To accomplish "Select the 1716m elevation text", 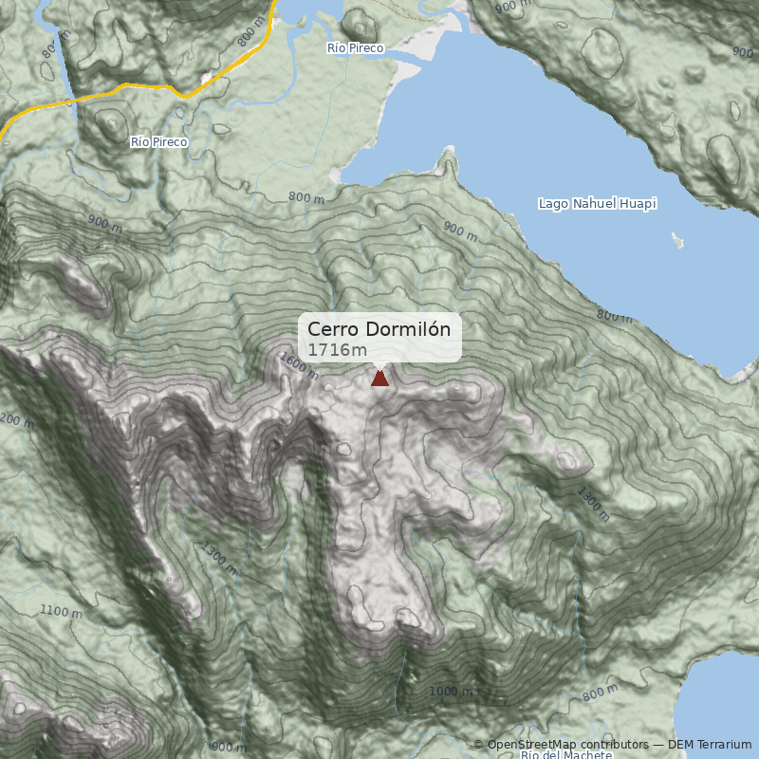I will tap(337, 350).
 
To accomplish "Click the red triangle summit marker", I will tap(379, 379).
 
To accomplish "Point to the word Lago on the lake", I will tap(553, 204).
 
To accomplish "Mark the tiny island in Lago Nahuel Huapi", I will tap(677, 239).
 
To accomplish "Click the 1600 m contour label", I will tap(299, 366).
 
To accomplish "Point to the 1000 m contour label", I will tap(450, 692).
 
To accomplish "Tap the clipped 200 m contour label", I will tap(11, 419).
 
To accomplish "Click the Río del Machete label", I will tap(565, 754).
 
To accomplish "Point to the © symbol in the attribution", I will tap(478, 745).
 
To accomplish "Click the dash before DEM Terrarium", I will tap(660, 745).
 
